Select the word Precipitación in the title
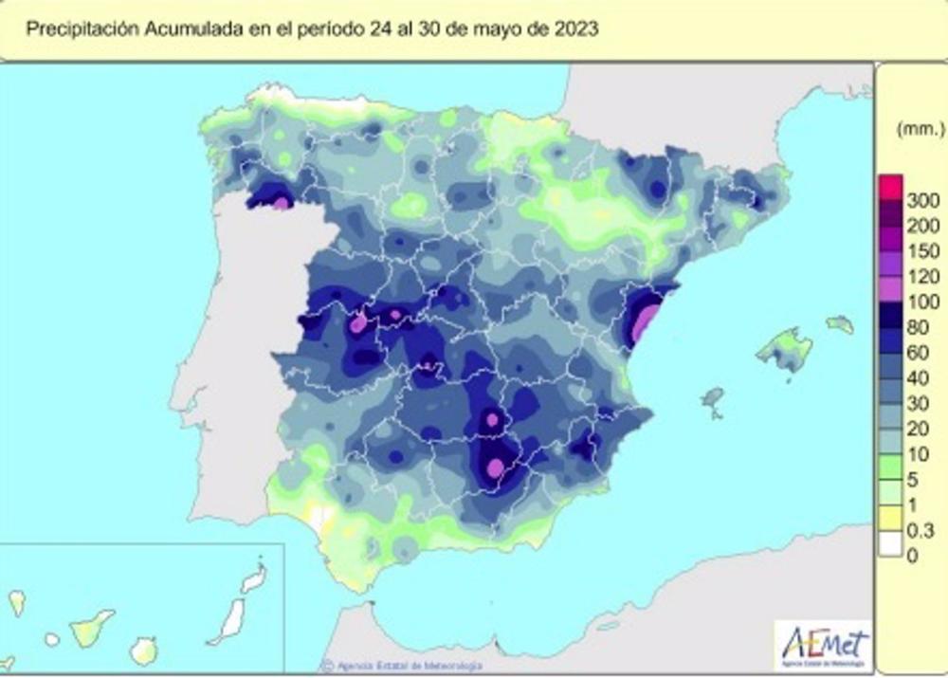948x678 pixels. pos(83,29)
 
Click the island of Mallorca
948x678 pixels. pos(785,349)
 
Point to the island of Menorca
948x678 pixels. pos(840,324)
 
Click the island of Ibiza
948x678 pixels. pos(713,398)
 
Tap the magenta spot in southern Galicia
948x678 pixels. pos(282,201)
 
